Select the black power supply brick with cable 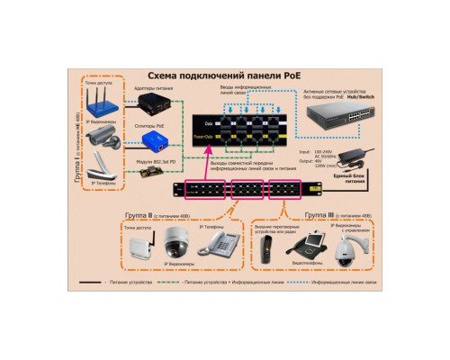pos(367,151)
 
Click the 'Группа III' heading pos(319,216)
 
